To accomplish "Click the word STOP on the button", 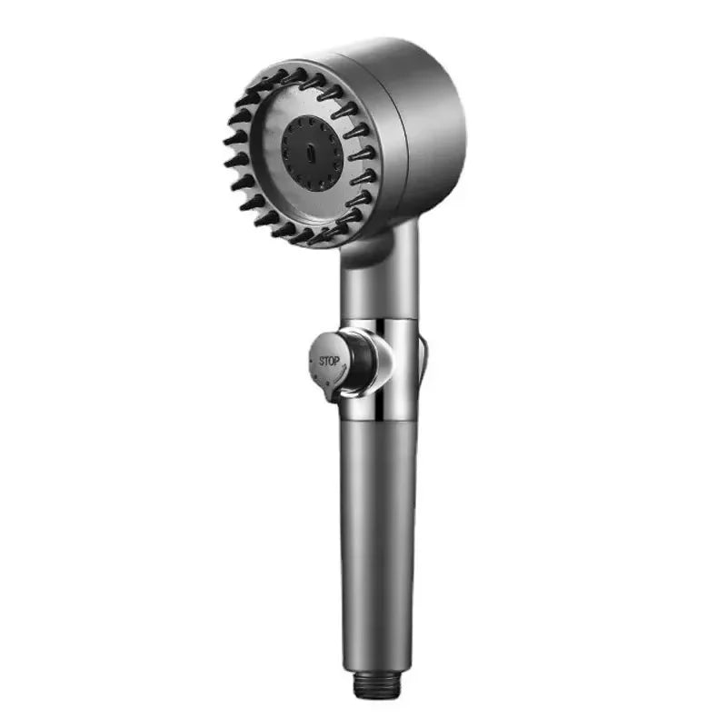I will click(x=329, y=361).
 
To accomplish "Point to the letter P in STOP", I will click(x=336, y=361).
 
